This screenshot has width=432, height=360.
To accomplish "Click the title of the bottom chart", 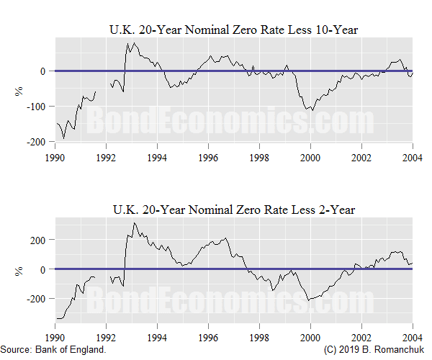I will coord(233,210).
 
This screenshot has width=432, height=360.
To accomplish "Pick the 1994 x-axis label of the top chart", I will coord(158,156).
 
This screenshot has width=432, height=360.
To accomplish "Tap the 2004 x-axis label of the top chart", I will coord(412,156).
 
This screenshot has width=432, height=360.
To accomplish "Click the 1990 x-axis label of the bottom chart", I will coord(55,336).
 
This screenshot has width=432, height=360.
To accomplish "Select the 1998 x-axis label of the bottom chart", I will coord(259,336).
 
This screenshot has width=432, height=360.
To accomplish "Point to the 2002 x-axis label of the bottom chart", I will coord(361,336).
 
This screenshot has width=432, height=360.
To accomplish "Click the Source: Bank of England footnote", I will coord(54,349).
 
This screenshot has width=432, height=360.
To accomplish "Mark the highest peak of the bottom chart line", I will coord(134,223).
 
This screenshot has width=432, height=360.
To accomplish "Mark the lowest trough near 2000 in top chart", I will coord(312,110).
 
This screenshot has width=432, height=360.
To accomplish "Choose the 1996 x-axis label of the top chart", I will coord(208,156).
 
